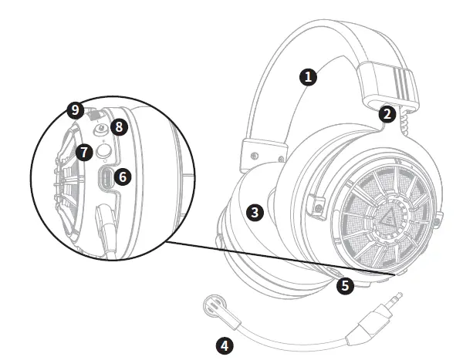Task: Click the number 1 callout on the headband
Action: pyautogui.click(x=309, y=76)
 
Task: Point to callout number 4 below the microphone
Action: pyautogui.click(x=225, y=345)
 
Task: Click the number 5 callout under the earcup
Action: pyautogui.click(x=346, y=285)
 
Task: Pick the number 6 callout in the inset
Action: pyautogui.click(x=121, y=177)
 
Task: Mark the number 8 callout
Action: pyautogui.click(x=117, y=126)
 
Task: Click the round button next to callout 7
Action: pyautogui.click(x=101, y=153)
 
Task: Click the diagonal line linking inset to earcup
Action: pyautogui.click(x=278, y=254)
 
